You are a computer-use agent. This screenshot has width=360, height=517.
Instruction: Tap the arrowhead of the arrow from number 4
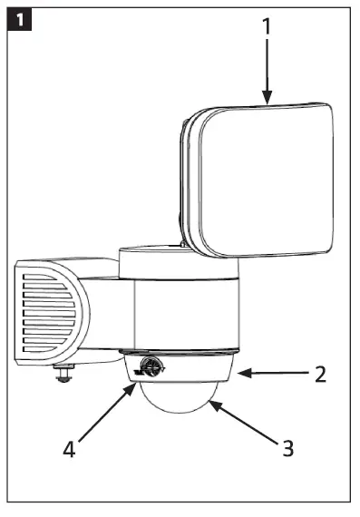click(135, 385)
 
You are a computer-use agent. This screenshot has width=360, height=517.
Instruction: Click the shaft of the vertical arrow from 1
click(267, 68)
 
